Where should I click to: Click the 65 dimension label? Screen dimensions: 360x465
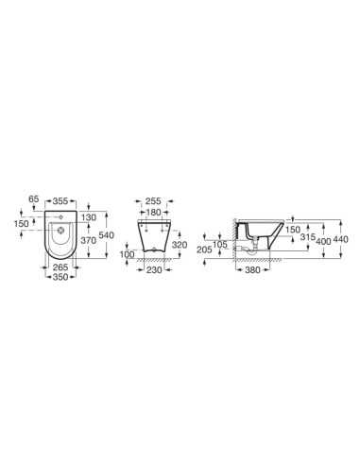(x=33, y=199)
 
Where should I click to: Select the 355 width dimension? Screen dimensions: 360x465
(x=60, y=201)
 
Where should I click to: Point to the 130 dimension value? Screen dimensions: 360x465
(x=89, y=217)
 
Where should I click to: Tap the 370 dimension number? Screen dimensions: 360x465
(x=89, y=240)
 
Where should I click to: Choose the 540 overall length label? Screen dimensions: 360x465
(x=106, y=235)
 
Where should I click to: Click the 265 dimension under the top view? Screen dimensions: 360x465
(x=60, y=267)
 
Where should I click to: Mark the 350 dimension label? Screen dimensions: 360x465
(x=60, y=277)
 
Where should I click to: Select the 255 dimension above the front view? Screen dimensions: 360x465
(x=154, y=201)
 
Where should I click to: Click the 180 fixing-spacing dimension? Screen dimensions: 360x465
(x=154, y=213)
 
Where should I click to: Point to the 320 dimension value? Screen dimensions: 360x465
(x=180, y=245)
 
